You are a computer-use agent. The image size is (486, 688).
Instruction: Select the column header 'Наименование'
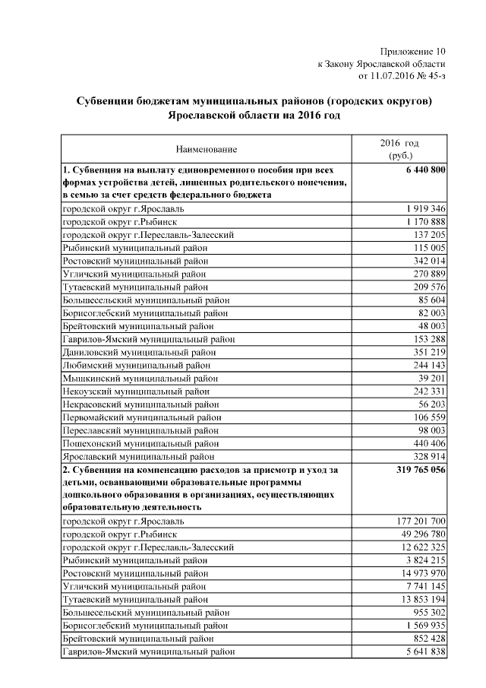click(207, 149)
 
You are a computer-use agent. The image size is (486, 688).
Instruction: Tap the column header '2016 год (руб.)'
click(399, 149)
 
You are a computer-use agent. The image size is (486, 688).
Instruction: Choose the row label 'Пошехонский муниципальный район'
click(137, 443)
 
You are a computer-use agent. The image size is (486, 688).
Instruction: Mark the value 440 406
click(427, 443)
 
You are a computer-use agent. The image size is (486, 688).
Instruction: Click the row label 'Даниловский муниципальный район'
click(137, 351)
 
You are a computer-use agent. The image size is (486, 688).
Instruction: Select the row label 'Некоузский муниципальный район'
click(133, 391)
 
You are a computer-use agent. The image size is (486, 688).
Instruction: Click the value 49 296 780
click(417, 534)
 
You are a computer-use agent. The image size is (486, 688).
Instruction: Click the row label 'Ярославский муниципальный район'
click(137, 456)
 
